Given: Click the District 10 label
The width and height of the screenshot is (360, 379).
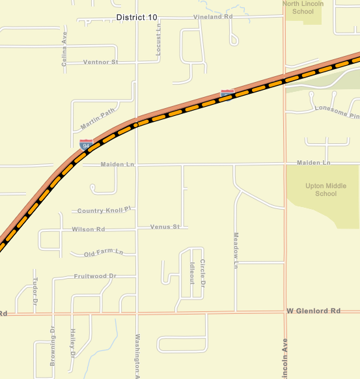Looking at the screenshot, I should coord(137,17).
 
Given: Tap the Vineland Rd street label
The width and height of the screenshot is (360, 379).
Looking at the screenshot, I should coord(213,16).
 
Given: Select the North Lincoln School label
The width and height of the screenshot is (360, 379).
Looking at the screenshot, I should coord(303,7).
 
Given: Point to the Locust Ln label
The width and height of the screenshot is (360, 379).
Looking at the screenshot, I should coord(158,43).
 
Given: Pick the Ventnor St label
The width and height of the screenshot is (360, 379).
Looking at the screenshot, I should coord(101,62).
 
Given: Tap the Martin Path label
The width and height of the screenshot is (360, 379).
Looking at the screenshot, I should coord(98,118).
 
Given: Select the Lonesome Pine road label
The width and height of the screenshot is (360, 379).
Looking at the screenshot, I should coord(337,112).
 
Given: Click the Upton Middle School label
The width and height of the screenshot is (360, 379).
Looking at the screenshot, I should coord(321,189).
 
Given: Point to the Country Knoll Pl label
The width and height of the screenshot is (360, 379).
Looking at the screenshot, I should coord(104,210).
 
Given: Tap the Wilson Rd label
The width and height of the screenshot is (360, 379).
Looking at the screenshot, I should coord(89,229).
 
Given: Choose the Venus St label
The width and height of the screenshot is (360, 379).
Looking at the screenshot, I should coord(165,227).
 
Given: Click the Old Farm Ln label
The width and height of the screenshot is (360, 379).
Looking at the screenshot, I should coord(104,252).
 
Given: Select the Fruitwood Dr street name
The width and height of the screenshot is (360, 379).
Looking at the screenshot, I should coord(95,276).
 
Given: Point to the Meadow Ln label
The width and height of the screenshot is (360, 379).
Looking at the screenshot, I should coord(236,250).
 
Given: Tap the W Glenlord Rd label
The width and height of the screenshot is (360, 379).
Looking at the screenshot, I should coord(314,311).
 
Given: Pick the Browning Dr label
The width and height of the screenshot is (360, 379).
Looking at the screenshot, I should coord(53,346).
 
